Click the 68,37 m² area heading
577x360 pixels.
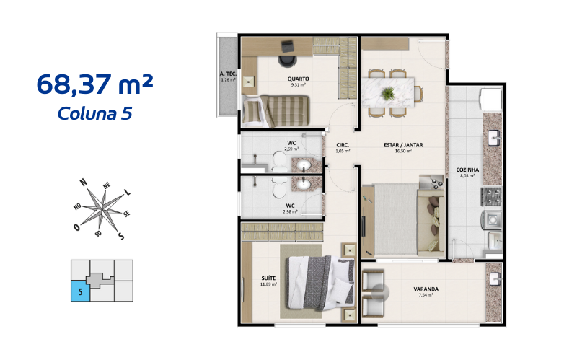(x=94, y=85)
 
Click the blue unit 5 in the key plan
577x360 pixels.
(x=80, y=291)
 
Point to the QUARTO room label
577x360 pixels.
(x=299, y=79)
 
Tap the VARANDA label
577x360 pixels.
(x=426, y=289)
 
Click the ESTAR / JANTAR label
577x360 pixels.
(x=403, y=145)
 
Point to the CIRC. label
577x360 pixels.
(x=343, y=145)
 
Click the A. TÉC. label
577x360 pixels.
(x=229, y=74)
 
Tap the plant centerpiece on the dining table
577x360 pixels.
(x=389, y=93)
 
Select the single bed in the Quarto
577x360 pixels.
(x=278, y=111)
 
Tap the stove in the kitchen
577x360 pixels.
(x=492, y=194)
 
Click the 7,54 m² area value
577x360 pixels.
(x=426, y=295)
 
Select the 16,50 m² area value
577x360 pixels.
(x=403, y=152)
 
